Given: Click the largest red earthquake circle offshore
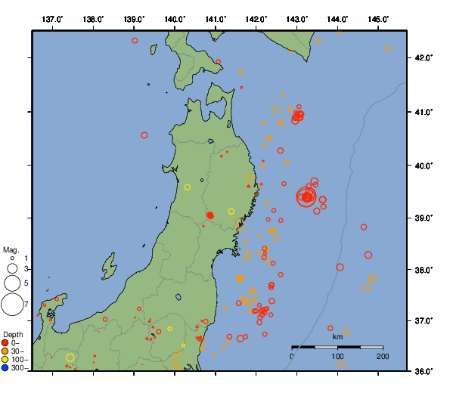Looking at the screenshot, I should [306, 197].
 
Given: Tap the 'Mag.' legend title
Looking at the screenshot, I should [11, 249].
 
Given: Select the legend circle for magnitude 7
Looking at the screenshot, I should [12, 305].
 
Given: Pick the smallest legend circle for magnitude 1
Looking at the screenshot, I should [12, 258].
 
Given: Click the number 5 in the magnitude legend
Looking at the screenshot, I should [26, 283].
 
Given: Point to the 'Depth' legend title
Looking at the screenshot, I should [13, 334].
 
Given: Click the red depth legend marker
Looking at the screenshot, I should [5, 343].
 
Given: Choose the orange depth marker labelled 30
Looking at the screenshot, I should [5, 351].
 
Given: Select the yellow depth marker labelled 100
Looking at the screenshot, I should [5, 360].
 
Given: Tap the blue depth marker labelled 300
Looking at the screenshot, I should [5, 368].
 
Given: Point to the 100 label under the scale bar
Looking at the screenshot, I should [337, 356].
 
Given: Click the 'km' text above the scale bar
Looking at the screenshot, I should [337, 337].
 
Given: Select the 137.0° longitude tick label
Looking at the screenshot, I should [52, 18].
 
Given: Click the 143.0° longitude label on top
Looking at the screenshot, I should [297, 18].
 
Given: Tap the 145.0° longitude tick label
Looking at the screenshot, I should [378, 18].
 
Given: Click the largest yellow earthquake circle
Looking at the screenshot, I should [70, 357].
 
